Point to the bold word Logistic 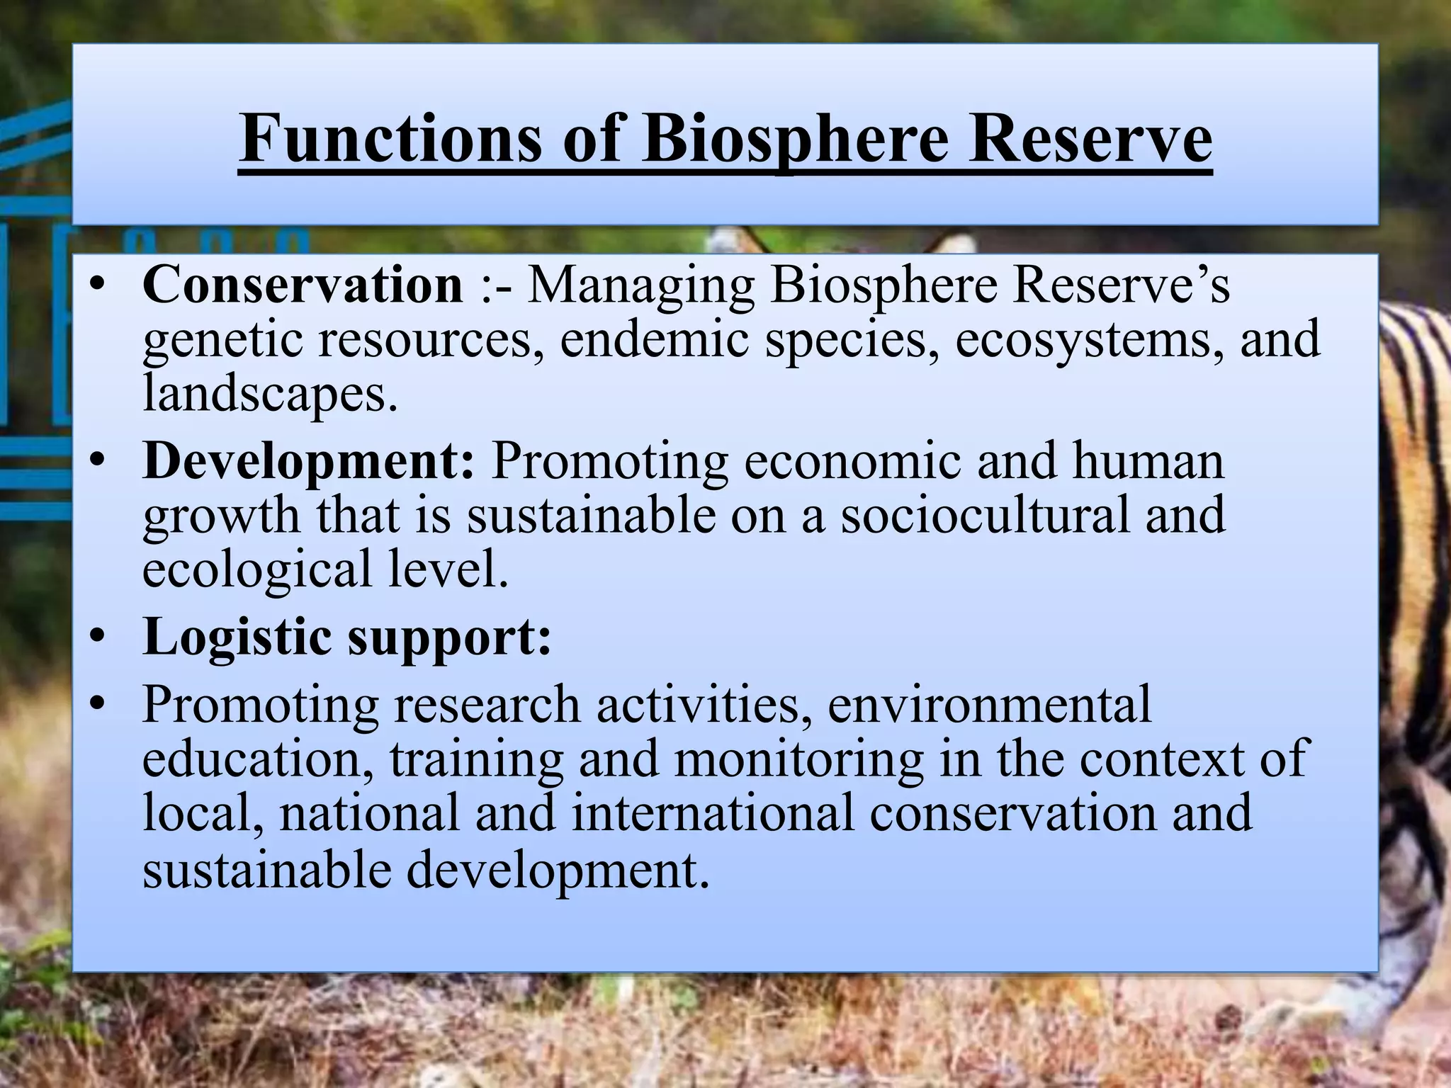click(x=234, y=637)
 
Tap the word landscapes click(x=269, y=393)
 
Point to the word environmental click(x=989, y=704)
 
